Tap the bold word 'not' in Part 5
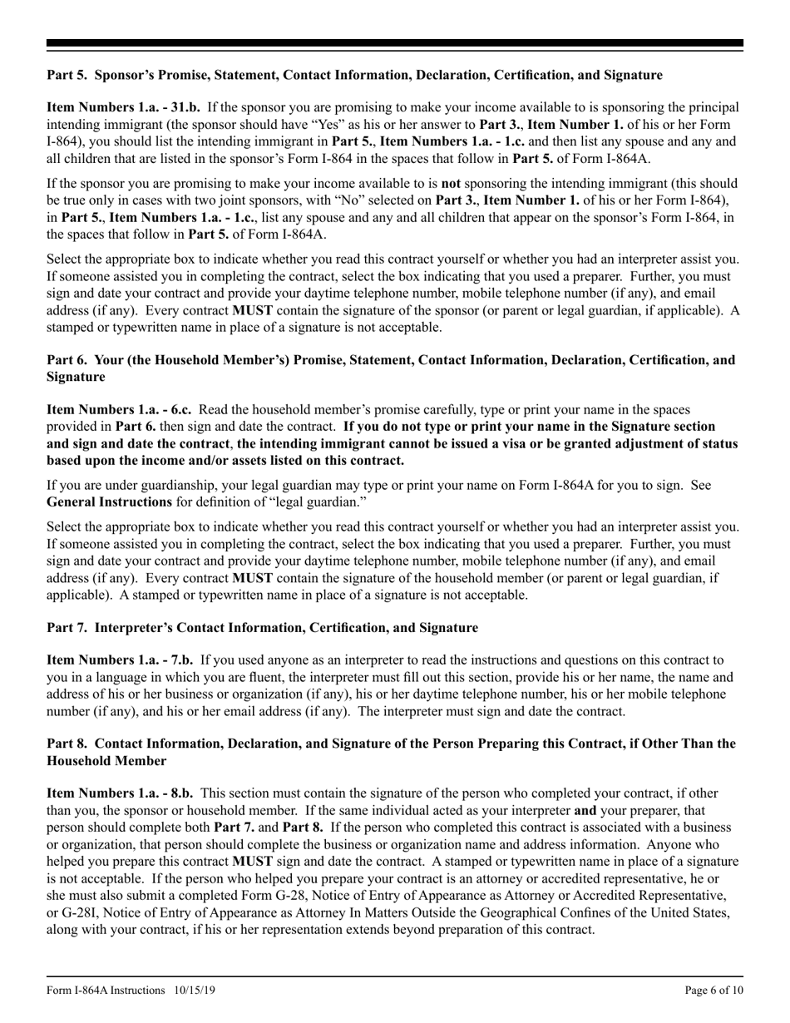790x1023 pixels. point(451,183)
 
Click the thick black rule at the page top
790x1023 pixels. point(395,43)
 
